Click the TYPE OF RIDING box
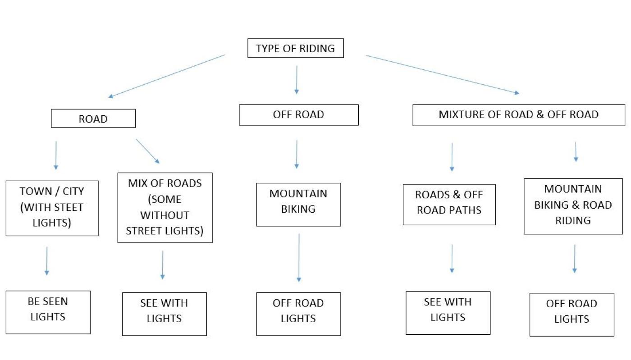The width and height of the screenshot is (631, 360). click(295, 49)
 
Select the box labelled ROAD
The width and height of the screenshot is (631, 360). click(93, 119)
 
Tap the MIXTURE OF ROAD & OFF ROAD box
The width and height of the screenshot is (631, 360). click(518, 115)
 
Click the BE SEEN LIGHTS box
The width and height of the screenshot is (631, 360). click(48, 312)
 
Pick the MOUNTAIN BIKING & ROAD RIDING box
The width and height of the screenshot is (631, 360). click(573, 206)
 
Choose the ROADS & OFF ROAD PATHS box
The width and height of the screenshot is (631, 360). click(449, 204)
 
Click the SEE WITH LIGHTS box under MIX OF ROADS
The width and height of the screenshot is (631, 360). click(164, 314)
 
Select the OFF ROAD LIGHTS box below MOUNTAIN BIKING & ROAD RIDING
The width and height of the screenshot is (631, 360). click(572, 314)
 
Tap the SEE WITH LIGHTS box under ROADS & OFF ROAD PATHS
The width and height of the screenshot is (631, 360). click(448, 312)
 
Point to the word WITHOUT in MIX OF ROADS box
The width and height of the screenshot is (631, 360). click(165, 215)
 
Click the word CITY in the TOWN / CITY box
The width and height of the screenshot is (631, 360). click(73, 191)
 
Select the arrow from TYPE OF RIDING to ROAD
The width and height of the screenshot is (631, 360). click(166, 76)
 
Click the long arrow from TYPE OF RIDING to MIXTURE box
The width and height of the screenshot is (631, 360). click(442, 74)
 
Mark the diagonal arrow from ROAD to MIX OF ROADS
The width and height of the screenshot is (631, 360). click(147, 151)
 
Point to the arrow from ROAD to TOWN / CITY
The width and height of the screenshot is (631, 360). click(56, 155)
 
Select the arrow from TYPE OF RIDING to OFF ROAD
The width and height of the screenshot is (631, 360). click(296, 80)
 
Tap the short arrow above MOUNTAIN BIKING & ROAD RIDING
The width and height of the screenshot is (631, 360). click(576, 152)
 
